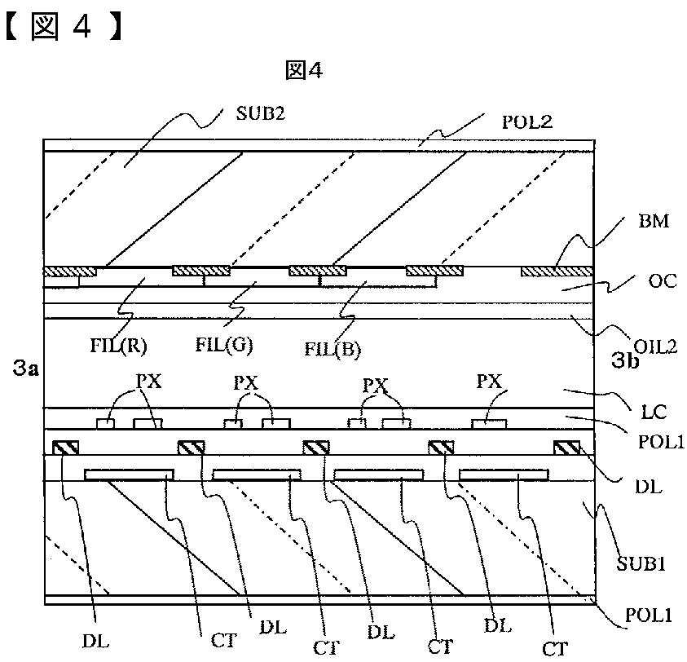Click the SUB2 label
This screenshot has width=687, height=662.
click(x=259, y=114)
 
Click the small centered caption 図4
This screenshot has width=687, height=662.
click(x=304, y=72)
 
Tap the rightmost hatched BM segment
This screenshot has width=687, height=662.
click(x=556, y=271)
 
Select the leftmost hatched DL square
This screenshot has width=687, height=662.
click(x=65, y=448)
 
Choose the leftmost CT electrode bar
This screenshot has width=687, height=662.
click(x=129, y=474)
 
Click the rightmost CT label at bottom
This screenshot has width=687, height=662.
click(x=556, y=648)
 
